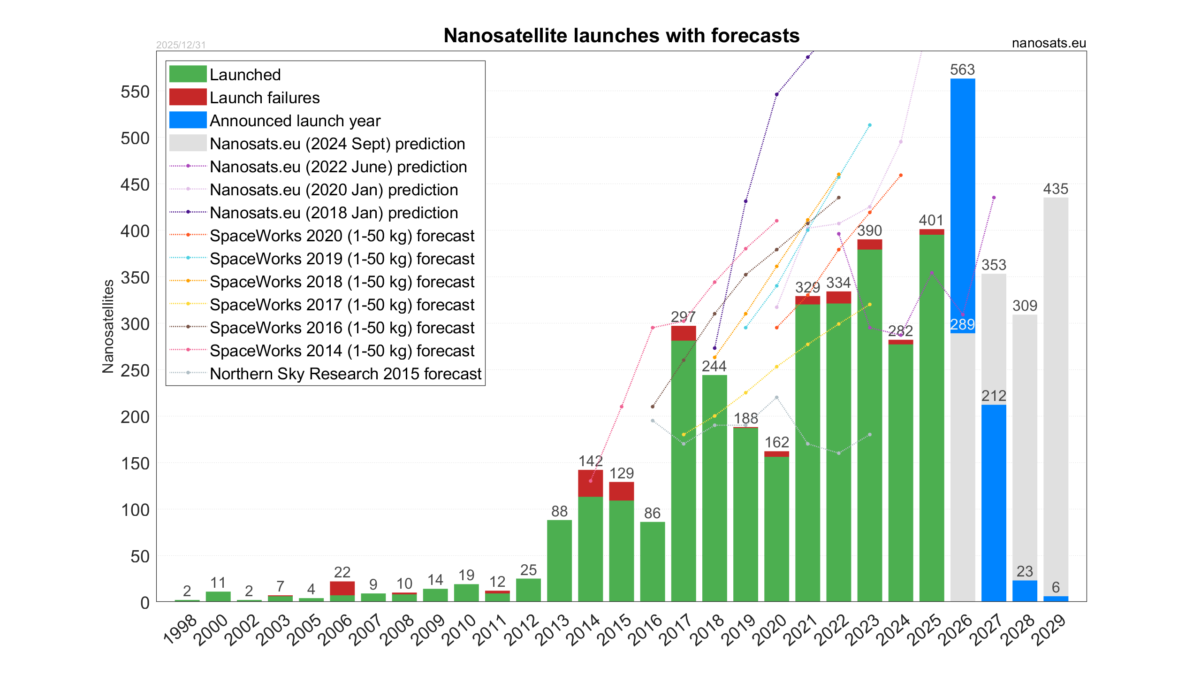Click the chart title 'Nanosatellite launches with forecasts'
tap(621, 36)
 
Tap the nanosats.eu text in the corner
tap(1049, 43)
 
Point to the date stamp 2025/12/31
tap(181, 45)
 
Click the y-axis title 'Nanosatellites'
tap(108, 327)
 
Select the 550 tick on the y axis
tap(135, 92)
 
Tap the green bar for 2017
tap(684, 469)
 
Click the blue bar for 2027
tap(994, 502)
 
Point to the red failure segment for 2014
tap(590, 483)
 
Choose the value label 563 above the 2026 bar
tap(963, 70)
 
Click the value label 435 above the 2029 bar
tap(1056, 189)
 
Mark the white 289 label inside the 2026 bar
tap(963, 324)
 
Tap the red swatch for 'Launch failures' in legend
tap(188, 97)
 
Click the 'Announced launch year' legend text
tap(295, 121)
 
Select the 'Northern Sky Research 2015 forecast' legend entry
tap(345, 374)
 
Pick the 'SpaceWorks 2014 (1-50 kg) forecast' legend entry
tap(342, 351)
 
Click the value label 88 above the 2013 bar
tap(559, 511)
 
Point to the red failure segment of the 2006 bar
tap(342, 588)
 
